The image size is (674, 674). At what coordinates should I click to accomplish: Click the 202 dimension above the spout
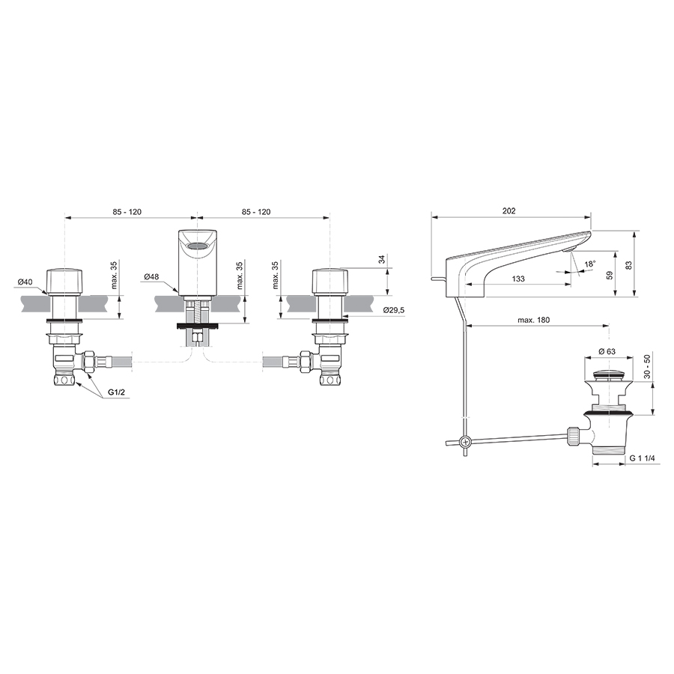click(x=508, y=212)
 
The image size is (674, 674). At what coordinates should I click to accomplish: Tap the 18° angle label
click(x=590, y=264)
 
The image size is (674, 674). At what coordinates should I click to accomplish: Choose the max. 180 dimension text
click(x=533, y=321)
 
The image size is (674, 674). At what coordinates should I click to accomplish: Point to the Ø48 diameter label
click(x=152, y=276)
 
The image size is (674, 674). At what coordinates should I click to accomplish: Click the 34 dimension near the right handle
click(x=381, y=261)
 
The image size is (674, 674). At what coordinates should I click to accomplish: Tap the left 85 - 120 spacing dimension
click(x=127, y=212)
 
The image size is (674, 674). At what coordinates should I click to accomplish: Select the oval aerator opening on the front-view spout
click(x=196, y=245)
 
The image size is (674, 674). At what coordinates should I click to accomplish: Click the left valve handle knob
click(x=64, y=281)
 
